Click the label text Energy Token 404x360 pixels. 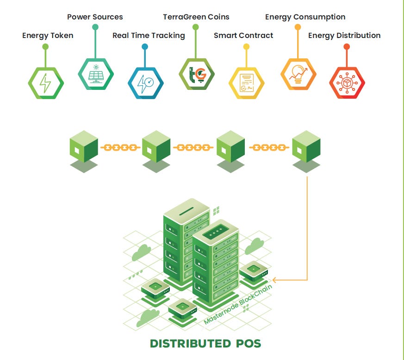click(48, 36)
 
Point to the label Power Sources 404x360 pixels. click(95, 17)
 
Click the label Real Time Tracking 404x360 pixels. click(149, 36)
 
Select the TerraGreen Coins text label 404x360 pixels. click(196, 17)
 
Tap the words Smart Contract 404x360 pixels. click(243, 36)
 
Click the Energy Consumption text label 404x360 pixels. click(305, 17)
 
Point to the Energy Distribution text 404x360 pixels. click(344, 36)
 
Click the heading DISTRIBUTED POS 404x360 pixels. click(205, 344)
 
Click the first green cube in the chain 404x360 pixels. click(84, 148)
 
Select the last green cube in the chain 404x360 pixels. click(306, 148)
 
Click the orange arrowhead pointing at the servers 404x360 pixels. click(275, 280)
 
